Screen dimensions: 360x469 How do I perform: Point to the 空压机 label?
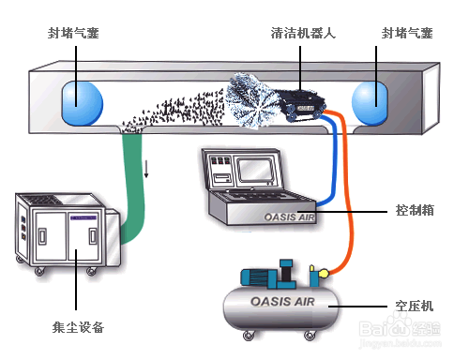pos(415,307)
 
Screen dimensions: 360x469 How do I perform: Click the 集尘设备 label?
pos(78,327)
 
